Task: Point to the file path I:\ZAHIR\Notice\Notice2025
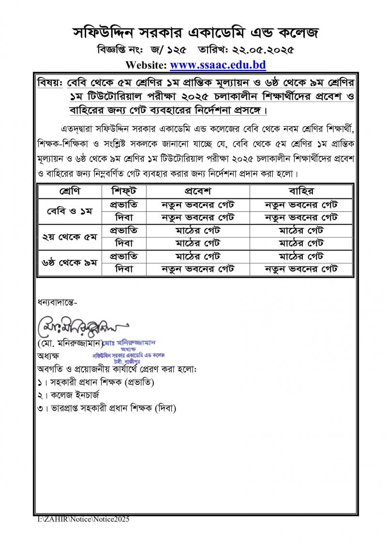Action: (x=84, y=519)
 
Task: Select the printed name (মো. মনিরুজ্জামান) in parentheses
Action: (x=70, y=343)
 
